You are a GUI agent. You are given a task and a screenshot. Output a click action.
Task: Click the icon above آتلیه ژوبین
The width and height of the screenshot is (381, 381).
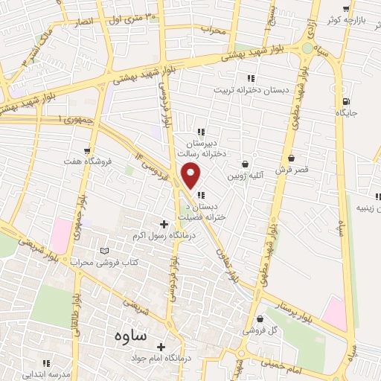click(x=246, y=164)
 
